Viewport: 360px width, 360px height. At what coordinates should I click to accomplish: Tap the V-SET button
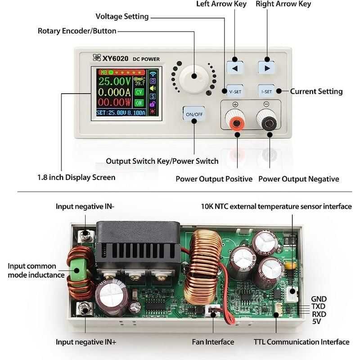pyautogui.click(x=235, y=91)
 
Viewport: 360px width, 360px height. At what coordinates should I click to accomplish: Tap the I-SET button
pyautogui.click(x=266, y=91)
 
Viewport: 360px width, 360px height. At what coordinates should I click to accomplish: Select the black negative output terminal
pyautogui.click(x=270, y=122)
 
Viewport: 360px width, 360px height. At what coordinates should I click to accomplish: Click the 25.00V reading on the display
pyautogui.click(x=115, y=82)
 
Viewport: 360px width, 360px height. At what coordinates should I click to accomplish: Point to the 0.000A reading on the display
pyautogui.click(x=115, y=93)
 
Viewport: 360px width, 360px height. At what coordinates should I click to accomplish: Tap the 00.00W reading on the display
pyautogui.click(x=115, y=103)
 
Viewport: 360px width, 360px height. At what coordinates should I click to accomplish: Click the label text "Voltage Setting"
pyautogui.click(x=122, y=17)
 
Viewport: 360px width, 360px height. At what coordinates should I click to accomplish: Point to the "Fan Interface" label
pyautogui.click(x=213, y=342)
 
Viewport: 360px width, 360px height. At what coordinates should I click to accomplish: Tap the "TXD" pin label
pyautogui.click(x=319, y=306)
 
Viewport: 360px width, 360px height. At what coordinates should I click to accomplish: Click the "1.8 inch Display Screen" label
pyautogui.click(x=76, y=177)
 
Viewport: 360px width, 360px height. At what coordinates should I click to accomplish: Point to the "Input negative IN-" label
pyautogui.click(x=85, y=207)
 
